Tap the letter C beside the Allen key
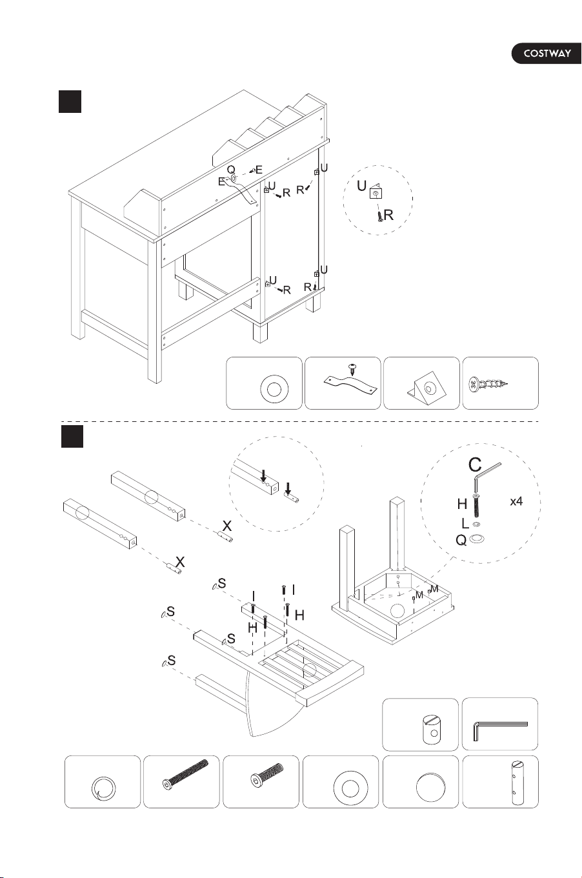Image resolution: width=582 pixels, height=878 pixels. (x=475, y=465)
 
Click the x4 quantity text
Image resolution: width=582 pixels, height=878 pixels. (x=516, y=501)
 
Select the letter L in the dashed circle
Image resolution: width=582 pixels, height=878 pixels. (x=465, y=523)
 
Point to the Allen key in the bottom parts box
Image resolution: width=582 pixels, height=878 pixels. (x=500, y=730)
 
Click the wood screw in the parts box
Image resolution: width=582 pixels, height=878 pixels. (x=487, y=383)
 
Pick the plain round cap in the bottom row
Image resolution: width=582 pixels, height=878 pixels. (x=431, y=786)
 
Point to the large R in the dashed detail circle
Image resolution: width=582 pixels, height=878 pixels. (x=388, y=215)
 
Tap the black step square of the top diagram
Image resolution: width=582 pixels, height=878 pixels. (x=70, y=101)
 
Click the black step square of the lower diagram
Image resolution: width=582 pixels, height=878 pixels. (x=72, y=436)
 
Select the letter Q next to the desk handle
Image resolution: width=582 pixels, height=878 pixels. (x=231, y=170)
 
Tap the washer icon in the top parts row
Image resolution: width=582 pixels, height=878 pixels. (x=274, y=390)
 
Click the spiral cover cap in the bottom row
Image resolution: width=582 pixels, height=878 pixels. (x=103, y=788)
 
